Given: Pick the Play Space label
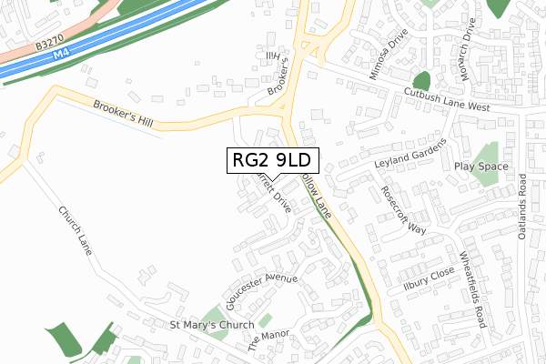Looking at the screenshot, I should click(x=481, y=167).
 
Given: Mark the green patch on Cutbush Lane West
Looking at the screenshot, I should click(x=421, y=80).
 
